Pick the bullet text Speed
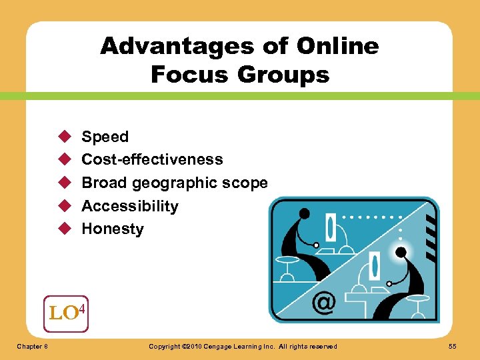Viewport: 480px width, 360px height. (105, 137)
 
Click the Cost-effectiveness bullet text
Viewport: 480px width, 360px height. (152, 159)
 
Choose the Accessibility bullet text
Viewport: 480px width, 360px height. (130, 206)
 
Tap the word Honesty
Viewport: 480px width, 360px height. (112, 229)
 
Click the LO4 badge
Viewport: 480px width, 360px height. (65, 312)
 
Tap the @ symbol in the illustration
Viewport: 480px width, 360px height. (324, 303)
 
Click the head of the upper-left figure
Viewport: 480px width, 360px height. (305, 214)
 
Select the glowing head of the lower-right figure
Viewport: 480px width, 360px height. (401, 252)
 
